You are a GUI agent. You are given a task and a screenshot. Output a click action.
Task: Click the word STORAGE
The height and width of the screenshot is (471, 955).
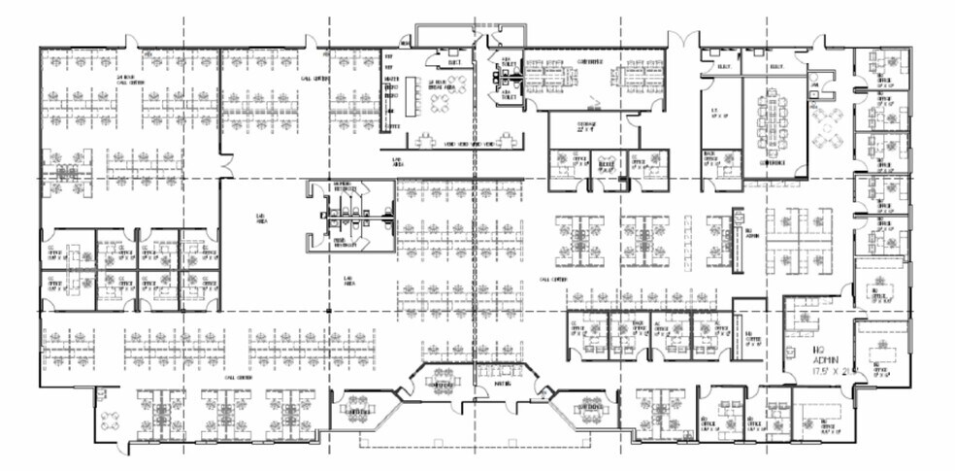pos(585,123)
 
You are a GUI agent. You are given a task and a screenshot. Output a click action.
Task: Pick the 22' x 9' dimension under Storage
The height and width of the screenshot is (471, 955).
pos(585,130)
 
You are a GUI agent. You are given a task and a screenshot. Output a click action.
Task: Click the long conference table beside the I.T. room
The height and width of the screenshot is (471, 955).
pos(774,121)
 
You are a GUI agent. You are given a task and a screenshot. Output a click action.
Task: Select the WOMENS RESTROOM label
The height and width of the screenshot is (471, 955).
pos(346,187)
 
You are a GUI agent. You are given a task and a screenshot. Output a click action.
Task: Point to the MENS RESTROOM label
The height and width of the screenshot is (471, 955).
pos(346,243)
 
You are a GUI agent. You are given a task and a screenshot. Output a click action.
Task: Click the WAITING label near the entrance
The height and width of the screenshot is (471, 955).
pos(503,383)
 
